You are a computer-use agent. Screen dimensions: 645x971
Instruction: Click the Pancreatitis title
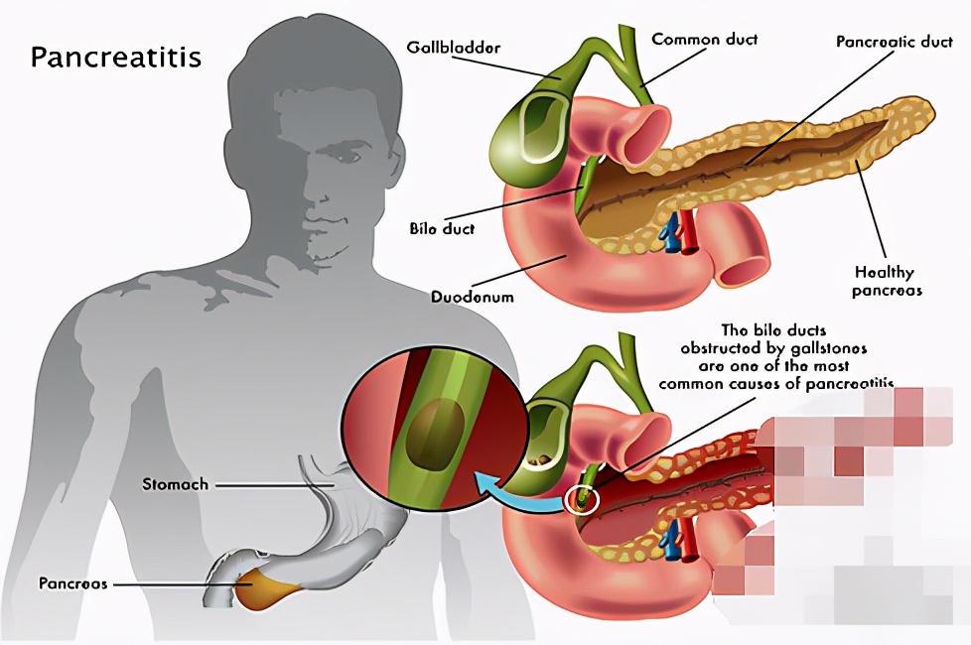(115, 57)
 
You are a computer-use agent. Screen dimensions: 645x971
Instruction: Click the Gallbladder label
(454, 48)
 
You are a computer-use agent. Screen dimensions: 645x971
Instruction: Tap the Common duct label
(704, 40)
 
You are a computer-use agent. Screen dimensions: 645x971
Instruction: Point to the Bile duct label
(442, 228)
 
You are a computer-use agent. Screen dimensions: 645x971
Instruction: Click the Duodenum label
(472, 296)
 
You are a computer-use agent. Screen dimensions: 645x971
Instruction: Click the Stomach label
(175, 485)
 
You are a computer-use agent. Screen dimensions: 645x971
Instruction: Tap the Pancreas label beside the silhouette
(72, 583)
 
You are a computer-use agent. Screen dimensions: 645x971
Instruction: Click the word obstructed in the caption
(728, 347)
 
